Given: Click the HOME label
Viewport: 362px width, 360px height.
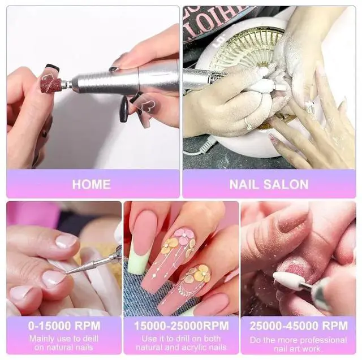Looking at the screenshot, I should pyautogui.click(x=91, y=184).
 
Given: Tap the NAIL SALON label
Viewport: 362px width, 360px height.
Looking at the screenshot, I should pyautogui.click(x=269, y=184).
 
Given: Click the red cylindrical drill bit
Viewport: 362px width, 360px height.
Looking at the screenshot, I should pyautogui.click(x=51, y=85).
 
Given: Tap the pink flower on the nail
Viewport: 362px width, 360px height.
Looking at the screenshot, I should pyautogui.click(x=184, y=236).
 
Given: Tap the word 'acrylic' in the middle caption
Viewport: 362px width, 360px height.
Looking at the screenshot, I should pyautogui.click(x=196, y=348).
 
